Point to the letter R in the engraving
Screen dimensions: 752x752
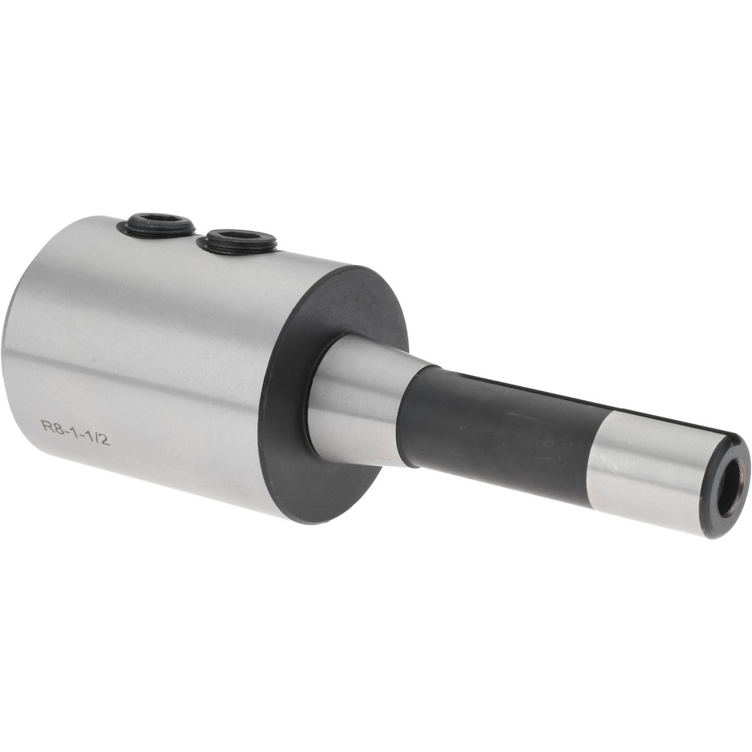click(x=46, y=425)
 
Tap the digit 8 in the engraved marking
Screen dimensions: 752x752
click(x=56, y=427)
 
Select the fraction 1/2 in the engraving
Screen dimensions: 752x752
click(x=98, y=438)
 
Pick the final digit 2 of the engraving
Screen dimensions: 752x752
click(x=105, y=440)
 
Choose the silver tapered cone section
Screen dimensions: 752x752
click(x=357, y=399)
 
